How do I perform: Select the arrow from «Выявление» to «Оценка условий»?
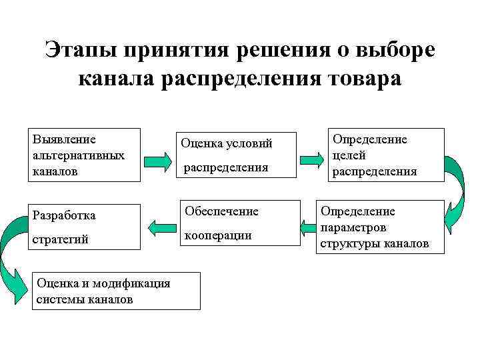click(x=157, y=161)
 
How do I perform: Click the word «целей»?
click(x=350, y=155)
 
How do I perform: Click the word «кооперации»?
click(x=217, y=235)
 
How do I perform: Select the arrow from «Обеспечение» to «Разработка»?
click(x=159, y=227)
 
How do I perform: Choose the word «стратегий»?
click(x=60, y=239)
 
